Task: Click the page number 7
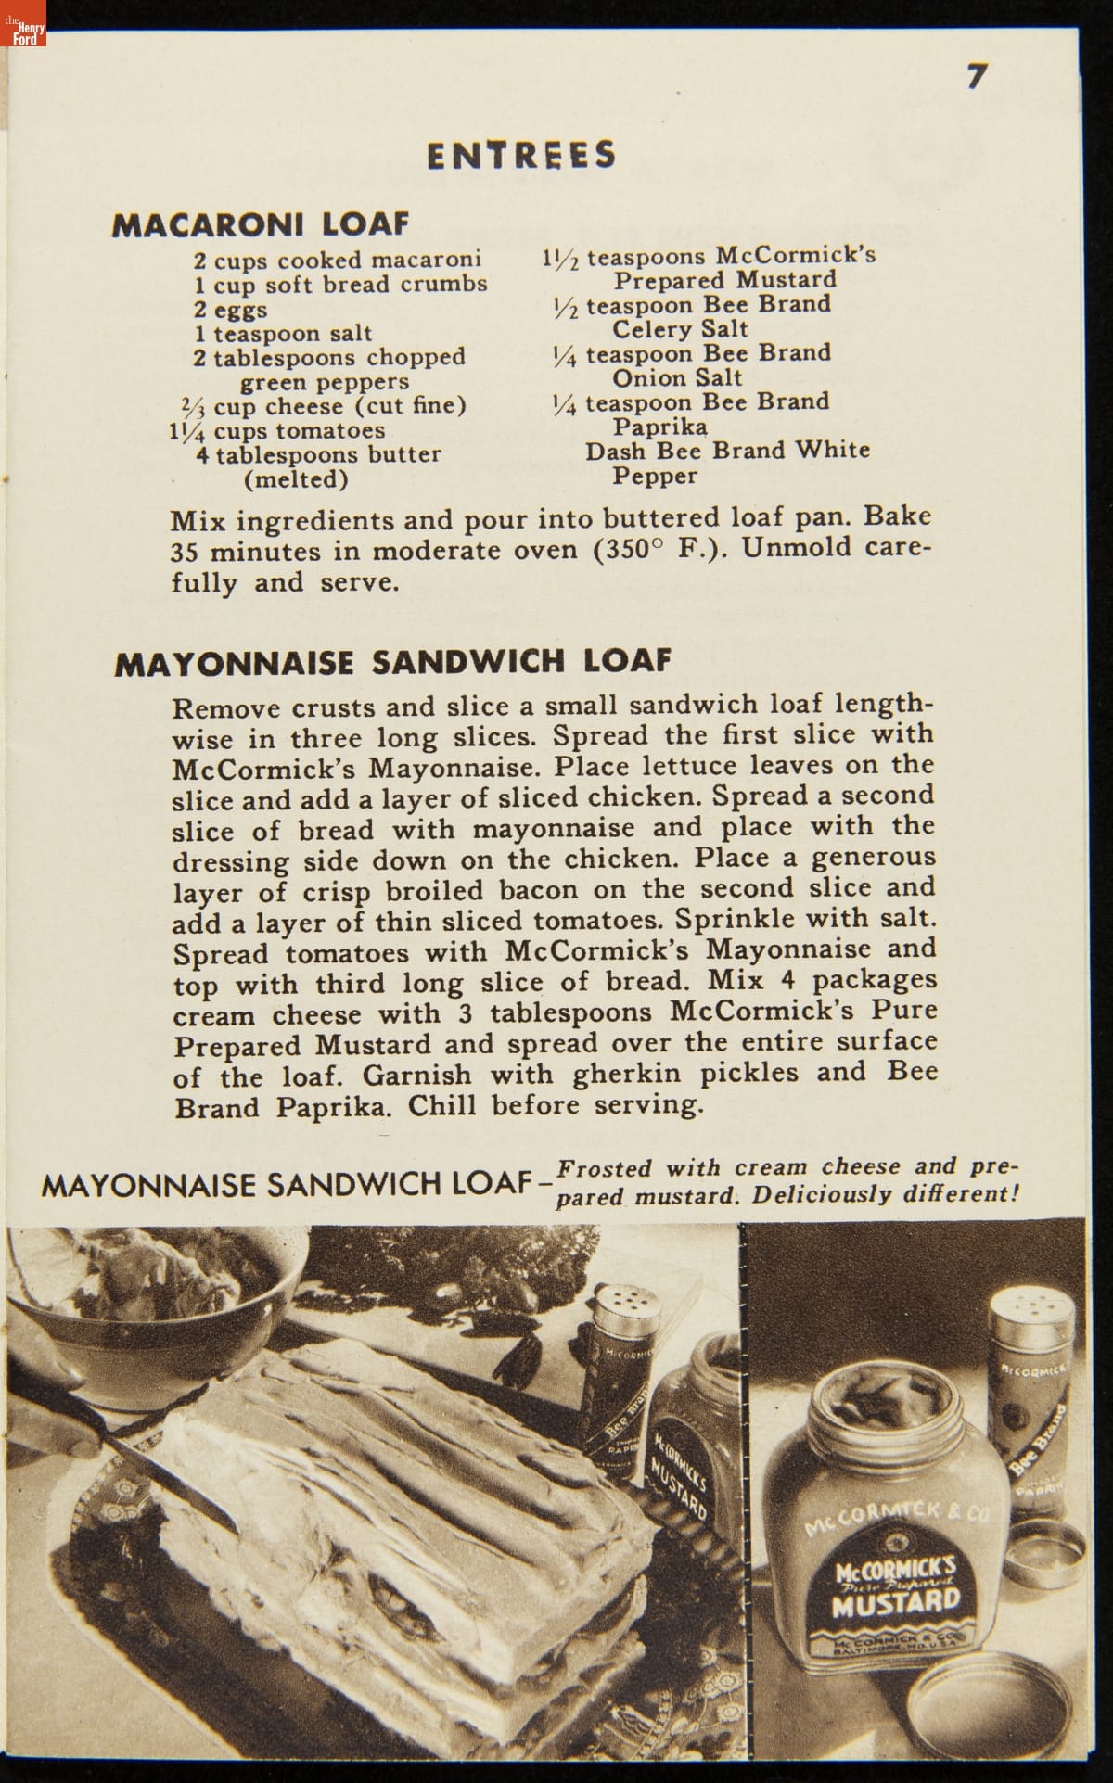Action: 977,76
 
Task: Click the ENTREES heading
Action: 521,155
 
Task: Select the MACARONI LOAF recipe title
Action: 261,224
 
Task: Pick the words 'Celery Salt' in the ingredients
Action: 680,329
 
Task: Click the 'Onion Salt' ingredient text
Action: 677,377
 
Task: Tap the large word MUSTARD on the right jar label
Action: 896,1602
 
